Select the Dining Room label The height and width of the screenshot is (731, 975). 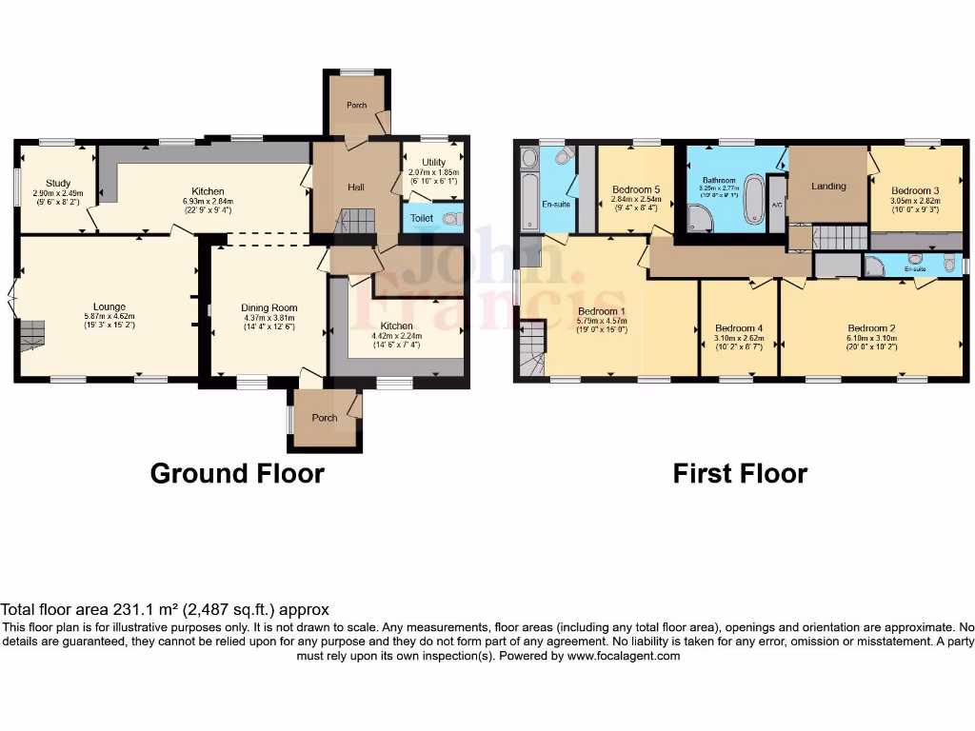[x=269, y=308]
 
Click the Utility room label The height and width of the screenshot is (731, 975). [x=432, y=161]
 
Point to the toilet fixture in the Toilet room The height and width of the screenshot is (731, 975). [x=450, y=218]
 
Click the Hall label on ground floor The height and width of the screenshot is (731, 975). [x=355, y=188]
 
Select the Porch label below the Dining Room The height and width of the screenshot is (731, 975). [x=325, y=418]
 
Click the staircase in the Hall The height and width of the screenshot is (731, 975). [x=355, y=223]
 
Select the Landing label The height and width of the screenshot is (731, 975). [x=828, y=186]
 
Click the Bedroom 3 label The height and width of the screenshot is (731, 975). [x=914, y=190]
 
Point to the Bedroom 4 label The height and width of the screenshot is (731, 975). [x=739, y=328]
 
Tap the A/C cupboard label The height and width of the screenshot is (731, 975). [x=776, y=206]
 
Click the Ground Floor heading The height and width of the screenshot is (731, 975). [x=237, y=473]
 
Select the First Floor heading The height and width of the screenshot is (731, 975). [x=740, y=473]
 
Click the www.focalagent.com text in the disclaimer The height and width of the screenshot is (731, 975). [x=624, y=656]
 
